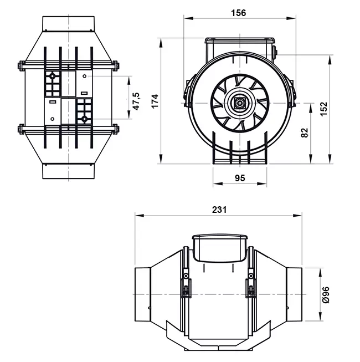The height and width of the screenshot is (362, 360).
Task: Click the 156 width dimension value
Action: pos(239,13)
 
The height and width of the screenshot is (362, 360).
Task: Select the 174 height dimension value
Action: pos(155,101)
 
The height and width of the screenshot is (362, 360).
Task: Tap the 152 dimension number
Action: pos(323,109)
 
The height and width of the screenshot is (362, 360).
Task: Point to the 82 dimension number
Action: pos(305,132)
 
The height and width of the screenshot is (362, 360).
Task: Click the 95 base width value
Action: pos(240,178)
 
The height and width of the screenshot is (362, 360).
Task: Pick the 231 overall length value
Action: pos(219,210)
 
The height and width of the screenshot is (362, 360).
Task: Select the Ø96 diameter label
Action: pos(326,295)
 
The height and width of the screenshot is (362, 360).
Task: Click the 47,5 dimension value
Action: pos(136,101)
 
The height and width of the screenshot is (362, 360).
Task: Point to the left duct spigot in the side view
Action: pos(142,294)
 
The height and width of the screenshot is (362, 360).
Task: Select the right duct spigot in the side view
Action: pos(294,294)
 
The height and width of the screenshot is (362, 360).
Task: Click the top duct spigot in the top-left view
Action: pos(69,23)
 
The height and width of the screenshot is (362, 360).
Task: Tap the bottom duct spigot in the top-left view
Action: pos(69,171)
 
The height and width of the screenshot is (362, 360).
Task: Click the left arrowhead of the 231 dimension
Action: pos(140,216)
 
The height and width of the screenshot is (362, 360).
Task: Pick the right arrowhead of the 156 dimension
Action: pos(291,18)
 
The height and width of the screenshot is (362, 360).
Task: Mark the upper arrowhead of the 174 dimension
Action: pos(161,43)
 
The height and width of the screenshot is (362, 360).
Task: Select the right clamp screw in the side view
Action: pos(251,276)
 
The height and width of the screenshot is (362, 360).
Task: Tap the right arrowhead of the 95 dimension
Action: pos(262,183)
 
